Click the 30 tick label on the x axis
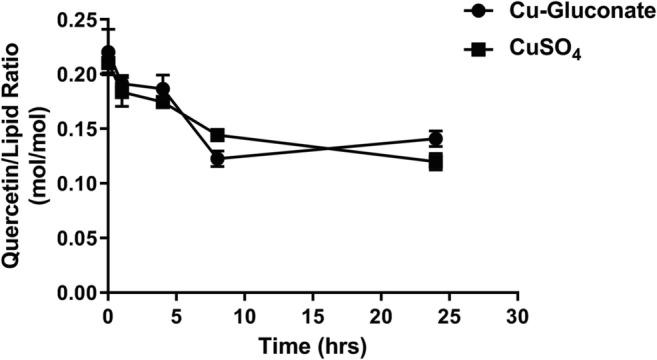pyautogui.click(x=517, y=315)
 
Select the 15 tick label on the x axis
pyautogui.click(x=312, y=315)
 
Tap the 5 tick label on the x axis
pyautogui.click(x=176, y=315)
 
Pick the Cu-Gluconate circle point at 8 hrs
pyautogui.click(x=217, y=159)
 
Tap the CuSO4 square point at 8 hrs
pyautogui.click(x=217, y=135)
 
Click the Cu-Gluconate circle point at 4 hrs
pyautogui.click(x=163, y=89)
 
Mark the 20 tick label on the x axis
pyautogui.click(x=380, y=315)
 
